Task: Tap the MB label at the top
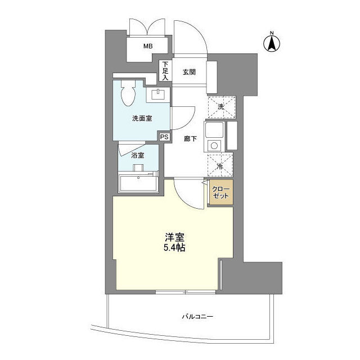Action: point(147,46)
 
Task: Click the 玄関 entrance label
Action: point(188,71)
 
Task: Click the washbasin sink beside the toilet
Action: point(158,94)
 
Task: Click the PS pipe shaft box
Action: point(164,137)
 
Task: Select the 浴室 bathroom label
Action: point(138,156)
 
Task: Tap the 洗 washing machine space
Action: point(220,106)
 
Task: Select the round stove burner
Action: point(214,146)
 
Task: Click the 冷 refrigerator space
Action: point(220,165)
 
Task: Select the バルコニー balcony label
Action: point(197,317)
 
